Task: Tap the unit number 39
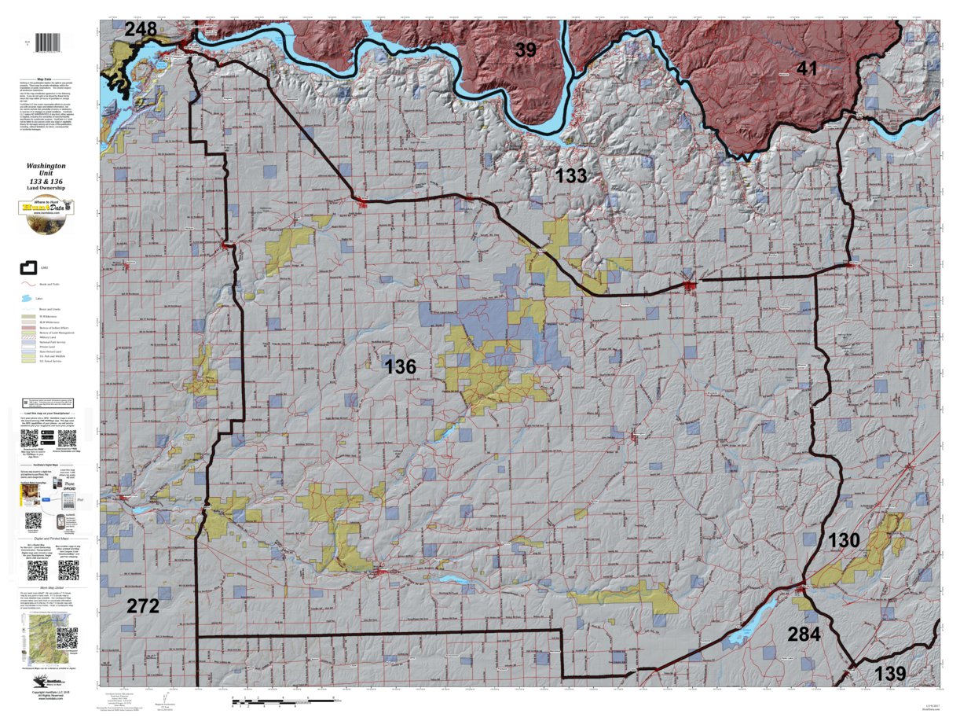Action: [526, 50]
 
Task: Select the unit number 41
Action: [807, 69]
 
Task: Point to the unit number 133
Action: [571, 175]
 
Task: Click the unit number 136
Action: [400, 366]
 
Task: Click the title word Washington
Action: [46, 167]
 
